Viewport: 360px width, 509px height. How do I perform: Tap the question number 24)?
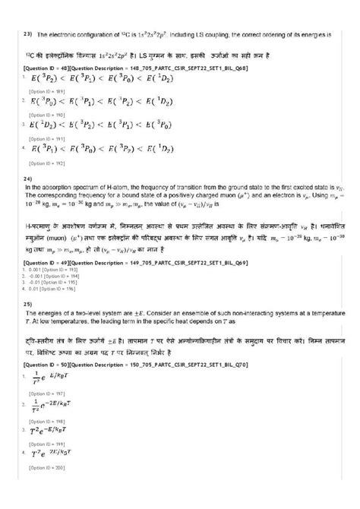point(28,179)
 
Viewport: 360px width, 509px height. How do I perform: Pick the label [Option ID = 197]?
point(43,393)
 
